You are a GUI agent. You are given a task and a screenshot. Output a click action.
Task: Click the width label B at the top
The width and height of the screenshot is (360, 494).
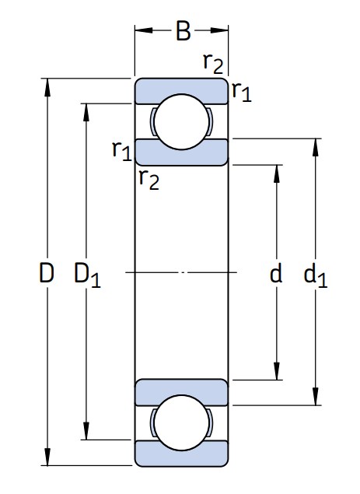coord(183,31)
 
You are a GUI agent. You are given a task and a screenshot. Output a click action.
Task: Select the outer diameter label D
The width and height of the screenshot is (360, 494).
coord(47,272)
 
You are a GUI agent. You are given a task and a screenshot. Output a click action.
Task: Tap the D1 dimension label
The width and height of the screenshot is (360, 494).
coord(87,275)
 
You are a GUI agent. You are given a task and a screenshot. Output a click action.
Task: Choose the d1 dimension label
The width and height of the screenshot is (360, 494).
coord(315,275)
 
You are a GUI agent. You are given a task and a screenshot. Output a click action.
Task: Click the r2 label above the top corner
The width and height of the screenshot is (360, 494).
coord(213,63)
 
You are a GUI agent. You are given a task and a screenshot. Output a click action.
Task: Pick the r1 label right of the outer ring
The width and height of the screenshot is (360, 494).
coord(242,91)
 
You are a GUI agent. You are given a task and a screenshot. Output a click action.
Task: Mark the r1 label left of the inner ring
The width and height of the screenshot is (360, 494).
coord(121,151)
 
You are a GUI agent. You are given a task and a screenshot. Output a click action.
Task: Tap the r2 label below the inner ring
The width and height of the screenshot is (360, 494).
coord(149,180)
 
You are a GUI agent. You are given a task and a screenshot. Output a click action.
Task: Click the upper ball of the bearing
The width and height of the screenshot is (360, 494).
coord(182,122)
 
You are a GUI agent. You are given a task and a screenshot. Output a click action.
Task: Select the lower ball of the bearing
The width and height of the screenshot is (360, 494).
coord(182,422)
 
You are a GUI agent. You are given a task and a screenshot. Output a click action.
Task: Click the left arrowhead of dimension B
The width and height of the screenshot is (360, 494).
coord(144,30)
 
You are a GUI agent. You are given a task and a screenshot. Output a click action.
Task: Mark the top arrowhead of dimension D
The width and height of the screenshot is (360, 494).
coord(47,87)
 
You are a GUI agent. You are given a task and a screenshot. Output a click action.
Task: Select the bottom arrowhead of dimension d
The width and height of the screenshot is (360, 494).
coord(277,371)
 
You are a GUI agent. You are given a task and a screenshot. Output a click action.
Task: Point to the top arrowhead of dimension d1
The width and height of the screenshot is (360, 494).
coord(316,148)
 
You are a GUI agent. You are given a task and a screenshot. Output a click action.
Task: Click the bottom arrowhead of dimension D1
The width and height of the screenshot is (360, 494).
coord(86,431)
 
